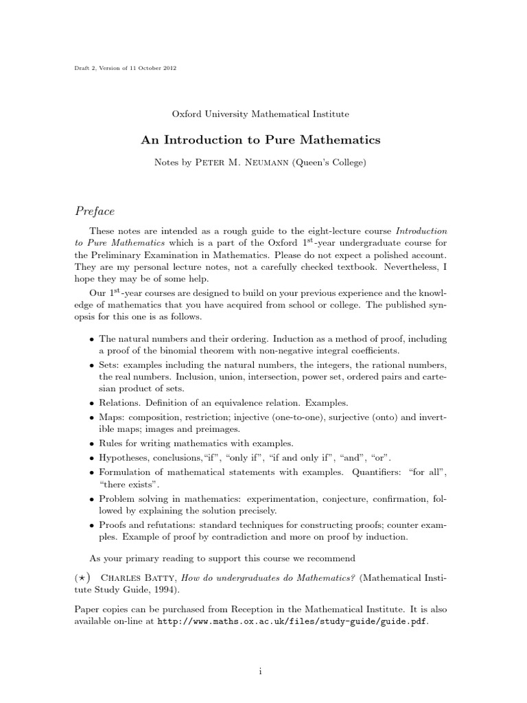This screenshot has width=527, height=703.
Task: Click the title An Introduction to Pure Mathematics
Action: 261,139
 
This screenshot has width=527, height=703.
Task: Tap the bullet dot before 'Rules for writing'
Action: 93,443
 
